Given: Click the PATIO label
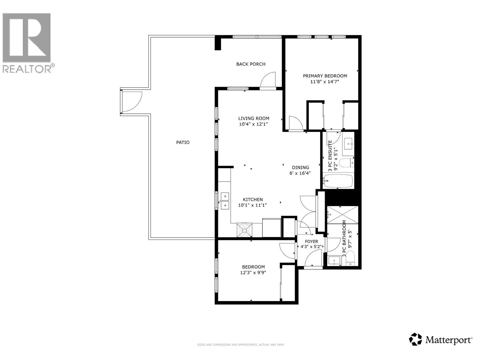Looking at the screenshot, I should [x=183, y=142].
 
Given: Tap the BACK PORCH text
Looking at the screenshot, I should [x=251, y=64].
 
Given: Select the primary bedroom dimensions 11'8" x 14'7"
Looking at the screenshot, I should [x=325, y=81].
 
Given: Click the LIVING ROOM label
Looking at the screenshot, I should [x=254, y=118].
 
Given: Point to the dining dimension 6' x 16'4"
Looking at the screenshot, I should [x=300, y=173].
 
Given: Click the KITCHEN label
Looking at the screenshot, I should [x=253, y=199].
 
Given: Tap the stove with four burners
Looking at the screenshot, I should [x=244, y=230].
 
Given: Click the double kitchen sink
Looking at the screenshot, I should [x=224, y=201].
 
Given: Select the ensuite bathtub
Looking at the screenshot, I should [x=337, y=181].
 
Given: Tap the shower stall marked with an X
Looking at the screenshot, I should [x=342, y=215].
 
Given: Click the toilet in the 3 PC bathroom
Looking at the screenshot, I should [x=350, y=259].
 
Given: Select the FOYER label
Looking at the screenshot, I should [x=311, y=241].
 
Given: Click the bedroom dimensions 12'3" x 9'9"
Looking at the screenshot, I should [x=253, y=273].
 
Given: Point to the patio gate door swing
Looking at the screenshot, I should [x=131, y=101].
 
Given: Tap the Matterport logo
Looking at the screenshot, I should [x=441, y=340].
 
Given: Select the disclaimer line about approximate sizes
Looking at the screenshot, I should [x=240, y=345].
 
